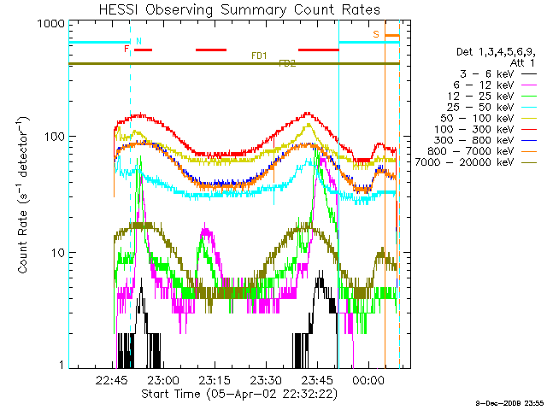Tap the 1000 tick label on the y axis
(43, 24)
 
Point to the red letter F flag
(126, 49)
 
